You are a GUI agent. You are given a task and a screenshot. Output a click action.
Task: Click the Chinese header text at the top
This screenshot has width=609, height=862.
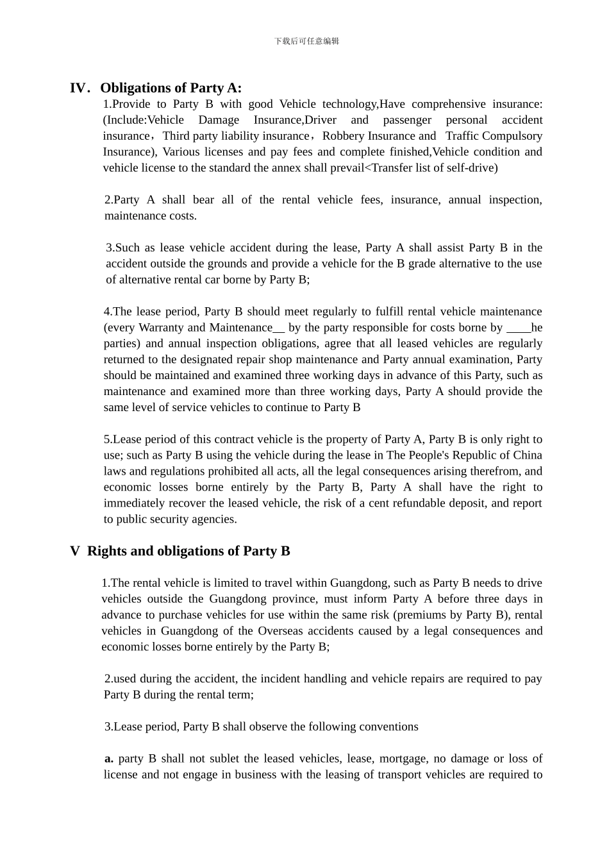306,41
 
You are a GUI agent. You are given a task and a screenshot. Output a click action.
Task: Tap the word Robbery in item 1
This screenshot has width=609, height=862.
344,136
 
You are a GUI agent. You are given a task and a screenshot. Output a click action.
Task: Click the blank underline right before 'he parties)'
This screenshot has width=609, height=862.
518,328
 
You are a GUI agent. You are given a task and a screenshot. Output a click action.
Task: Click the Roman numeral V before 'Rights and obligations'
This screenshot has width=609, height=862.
75,551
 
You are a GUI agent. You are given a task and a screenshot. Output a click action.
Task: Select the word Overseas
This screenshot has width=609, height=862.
281,631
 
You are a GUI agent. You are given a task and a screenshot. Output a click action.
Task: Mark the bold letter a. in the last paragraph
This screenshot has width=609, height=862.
109,759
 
